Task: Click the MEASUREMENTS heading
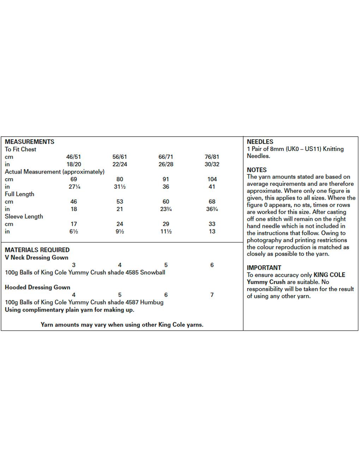coord(30,142)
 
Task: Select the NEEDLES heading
coord(260,142)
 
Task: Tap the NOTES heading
coord(257,170)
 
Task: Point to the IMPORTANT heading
coord(264,268)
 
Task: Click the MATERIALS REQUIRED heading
coord(37,250)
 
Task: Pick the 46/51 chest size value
coord(73,157)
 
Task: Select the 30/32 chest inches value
coord(212,164)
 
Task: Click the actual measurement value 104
coord(212,179)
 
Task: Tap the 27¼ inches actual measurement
coord(74,187)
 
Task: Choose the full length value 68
coord(212,202)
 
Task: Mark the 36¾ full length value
coord(212,209)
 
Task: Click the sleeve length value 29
coord(166,224)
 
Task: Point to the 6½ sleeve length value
coord(73,232)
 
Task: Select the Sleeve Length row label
coord(24,217)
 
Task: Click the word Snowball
coord(152,272)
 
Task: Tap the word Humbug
coord(152,302)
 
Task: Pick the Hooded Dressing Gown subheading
coord(37,287)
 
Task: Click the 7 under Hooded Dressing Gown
coord(212,295)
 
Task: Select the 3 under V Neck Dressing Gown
coord(73,265)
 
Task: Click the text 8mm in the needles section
coord(276,149)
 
